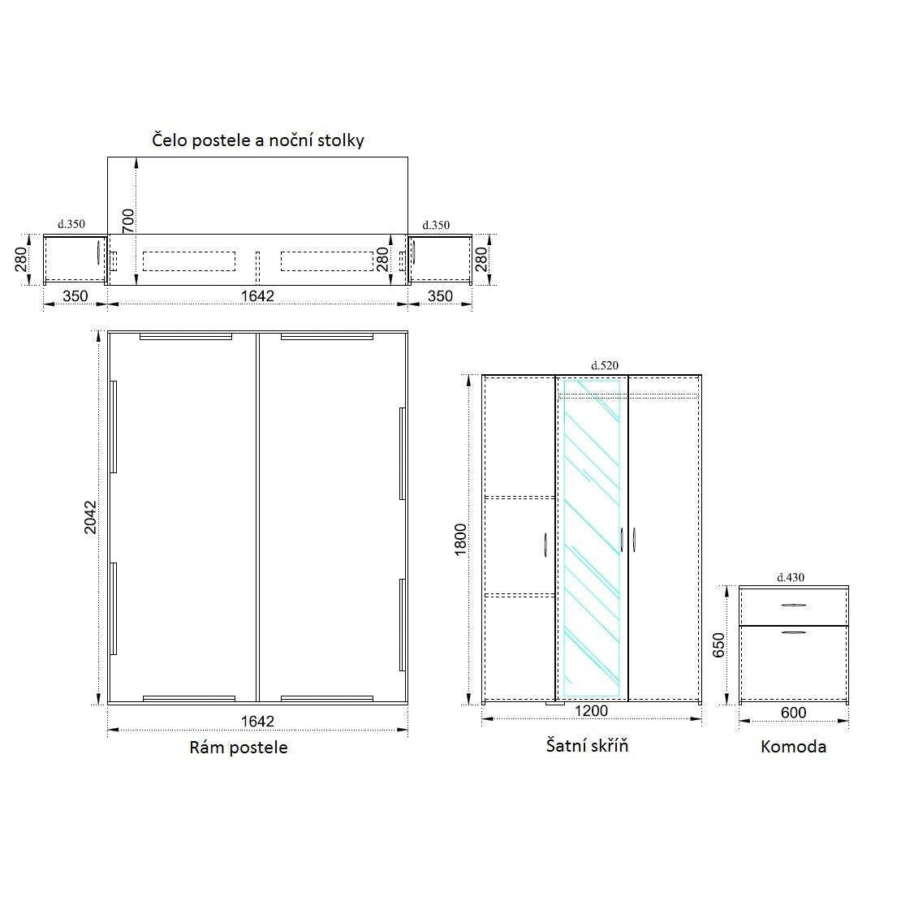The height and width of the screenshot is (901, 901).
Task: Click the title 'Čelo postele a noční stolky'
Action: click(x=258, y=140)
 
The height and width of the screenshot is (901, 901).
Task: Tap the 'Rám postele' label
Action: click(x=239, y=747)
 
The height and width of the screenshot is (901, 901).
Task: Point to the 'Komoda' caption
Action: click(x=794, y=747)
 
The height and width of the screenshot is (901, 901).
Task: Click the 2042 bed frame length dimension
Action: click(x=90, y=517)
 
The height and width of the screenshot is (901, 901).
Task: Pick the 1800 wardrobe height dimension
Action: click(x=460, y=540)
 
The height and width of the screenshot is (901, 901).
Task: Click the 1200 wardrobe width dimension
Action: click(x=591, y=711)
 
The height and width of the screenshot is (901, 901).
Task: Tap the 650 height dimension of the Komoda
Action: click(x=718, y=645)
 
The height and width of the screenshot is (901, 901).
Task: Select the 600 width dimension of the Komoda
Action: click(x=794, y=713)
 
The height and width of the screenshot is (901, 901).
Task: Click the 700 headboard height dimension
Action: click(x=127, y=221)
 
